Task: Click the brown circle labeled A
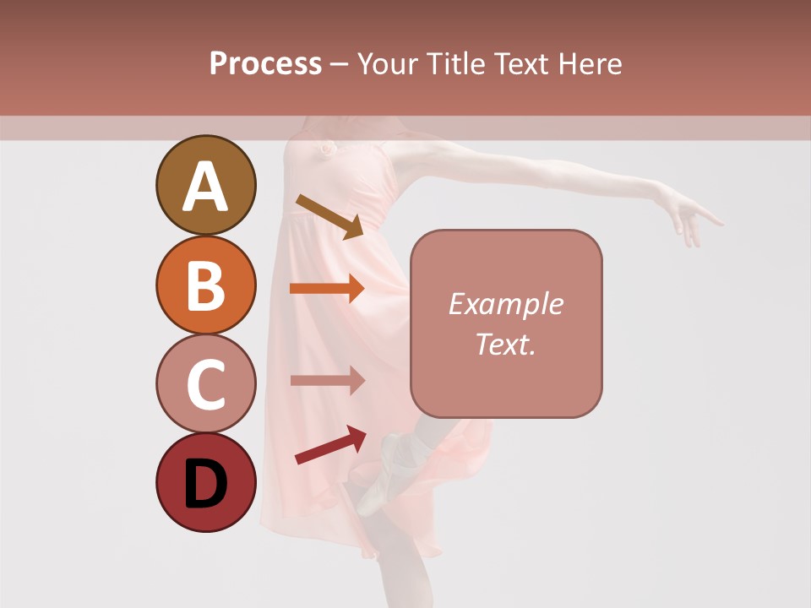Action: (205, 185)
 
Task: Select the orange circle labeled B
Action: (205, 285)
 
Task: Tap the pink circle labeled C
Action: (205, 383)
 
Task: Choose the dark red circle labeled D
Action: (205, 482)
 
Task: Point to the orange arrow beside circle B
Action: (327, 289)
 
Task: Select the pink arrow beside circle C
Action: (327, 381)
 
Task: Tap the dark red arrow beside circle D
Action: (330, 445)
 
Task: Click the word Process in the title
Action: (265, 63)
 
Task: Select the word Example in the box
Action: (505, 304)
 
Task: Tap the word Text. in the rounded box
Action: (505, 344)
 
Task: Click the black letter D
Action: (205, 484)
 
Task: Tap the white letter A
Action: (205, 187)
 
